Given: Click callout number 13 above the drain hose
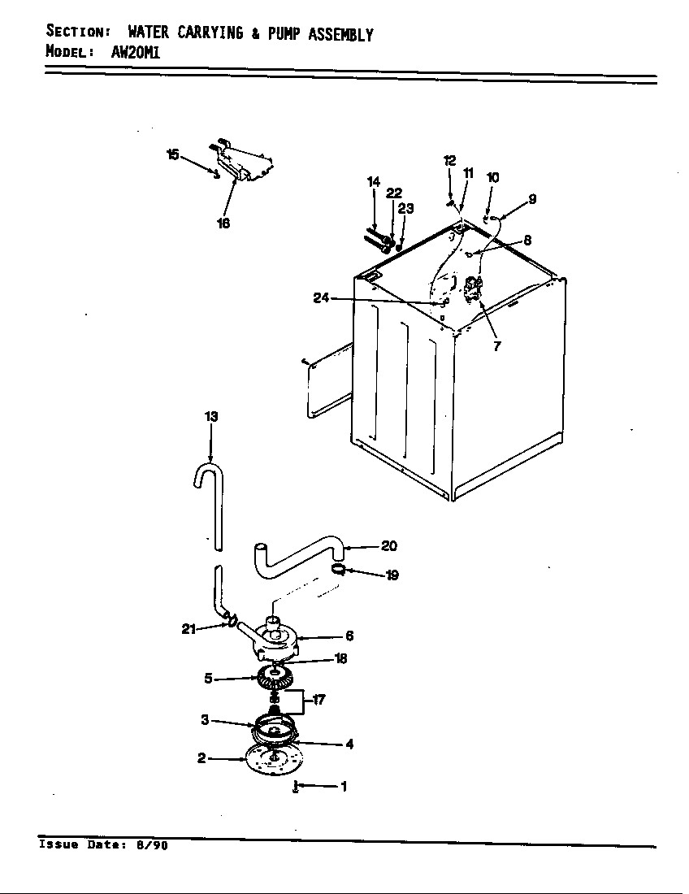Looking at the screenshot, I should (x=211, y=416).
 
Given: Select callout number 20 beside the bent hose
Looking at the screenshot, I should (x=389, y=546).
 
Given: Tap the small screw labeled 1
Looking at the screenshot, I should (x=297, y=787).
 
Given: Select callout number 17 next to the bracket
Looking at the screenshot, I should (x=319, y=699).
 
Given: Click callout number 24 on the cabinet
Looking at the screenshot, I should (x=321, y=298).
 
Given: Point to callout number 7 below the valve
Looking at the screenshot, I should (x=496, y=345).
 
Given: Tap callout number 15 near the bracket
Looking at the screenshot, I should (x=172, y=154).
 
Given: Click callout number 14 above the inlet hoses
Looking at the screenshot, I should (x=373, y=182).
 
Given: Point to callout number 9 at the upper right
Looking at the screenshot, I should (x=532, y=197).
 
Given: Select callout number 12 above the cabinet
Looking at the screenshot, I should (x=449, y=161).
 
